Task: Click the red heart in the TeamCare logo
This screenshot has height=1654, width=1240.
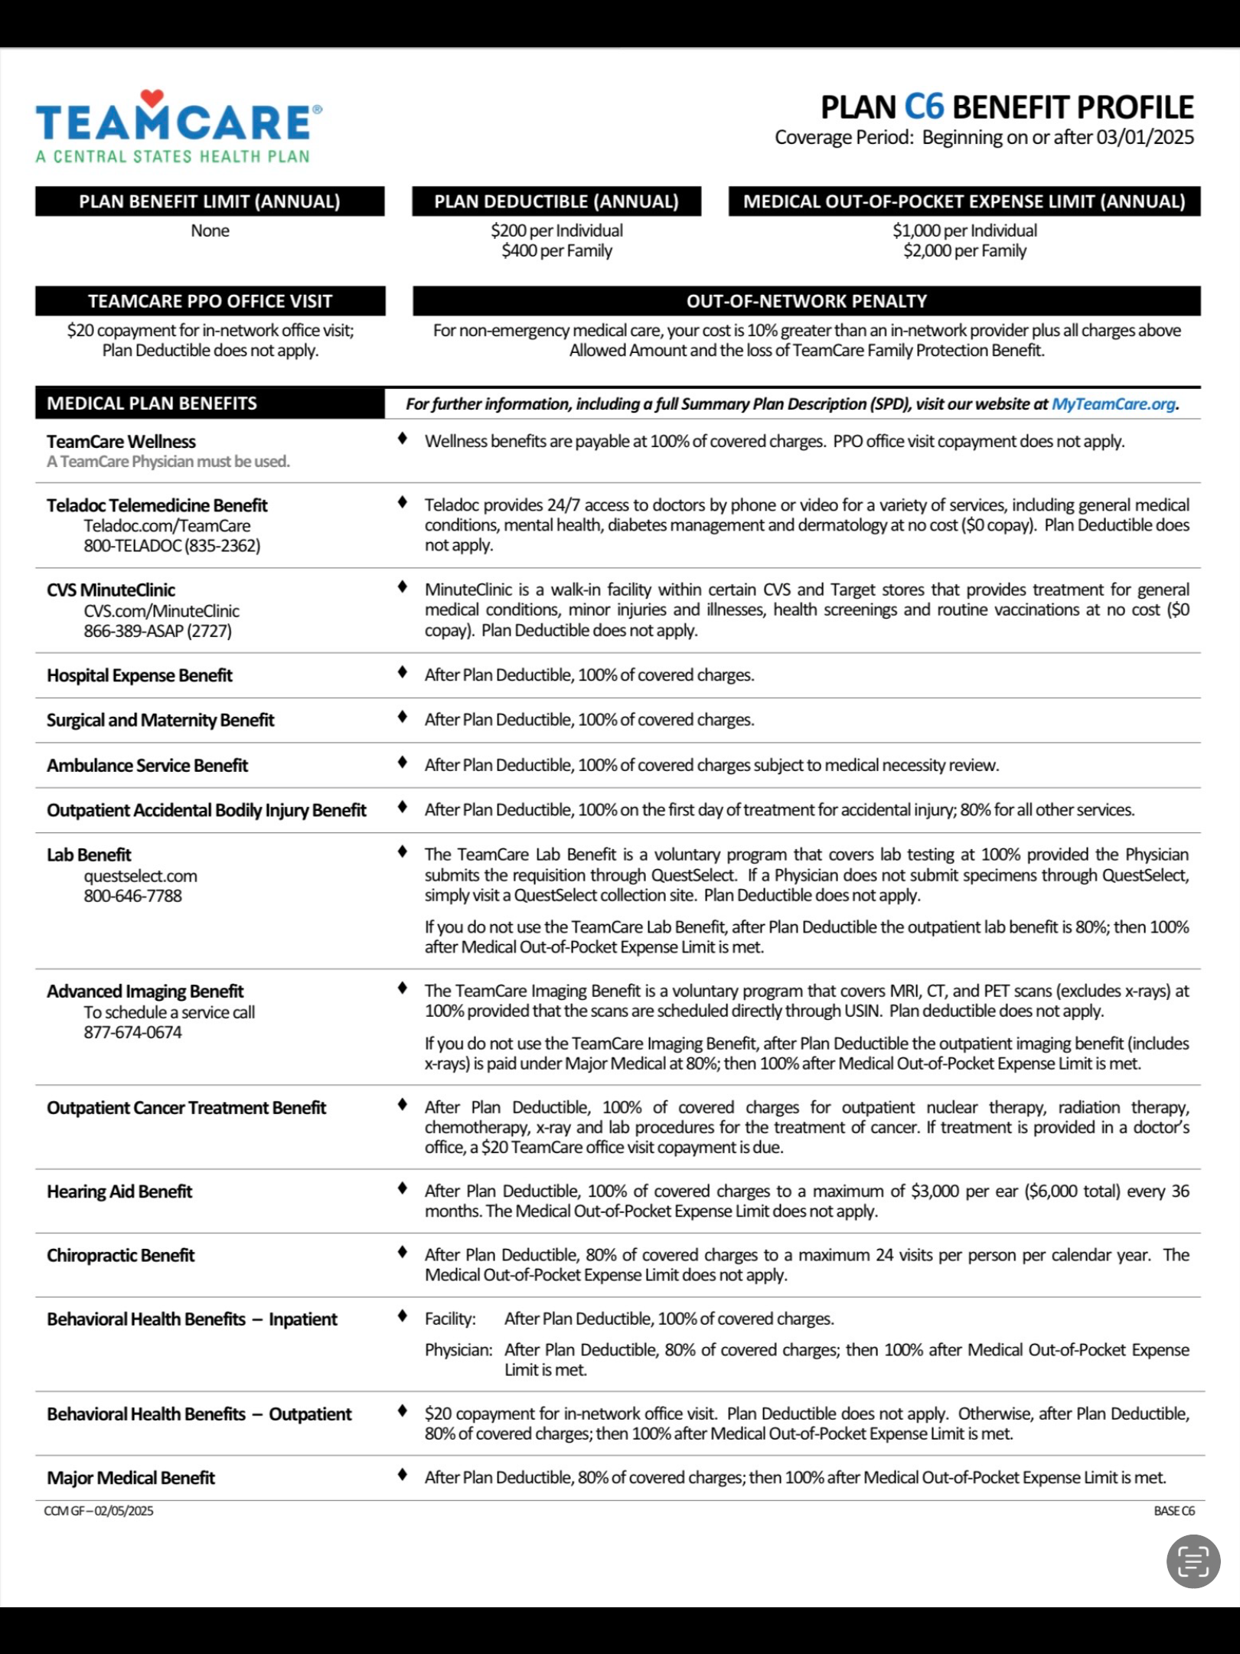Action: [152, 98]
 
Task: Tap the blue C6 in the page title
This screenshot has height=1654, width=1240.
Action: [924, 107]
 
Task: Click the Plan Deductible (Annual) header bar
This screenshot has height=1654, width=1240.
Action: [556, 201]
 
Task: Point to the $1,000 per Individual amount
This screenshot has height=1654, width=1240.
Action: [964, 230]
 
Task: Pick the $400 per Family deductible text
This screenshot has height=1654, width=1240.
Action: [556, 251]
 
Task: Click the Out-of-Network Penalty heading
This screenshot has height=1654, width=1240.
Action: [806, 301]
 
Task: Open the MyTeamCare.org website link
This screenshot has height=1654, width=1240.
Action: [1113, 404]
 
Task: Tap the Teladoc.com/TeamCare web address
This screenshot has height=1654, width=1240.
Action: [167, 526]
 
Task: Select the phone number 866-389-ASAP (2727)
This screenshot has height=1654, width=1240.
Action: [158, 631]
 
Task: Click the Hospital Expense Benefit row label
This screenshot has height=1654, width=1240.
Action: [139, 675]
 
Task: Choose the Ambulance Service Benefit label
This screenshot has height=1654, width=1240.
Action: [147, 766]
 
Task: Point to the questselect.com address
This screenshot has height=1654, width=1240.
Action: [140, 876]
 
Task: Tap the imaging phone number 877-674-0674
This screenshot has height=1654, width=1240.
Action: [132, 1032]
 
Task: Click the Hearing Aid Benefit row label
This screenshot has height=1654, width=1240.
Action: [119, 1191]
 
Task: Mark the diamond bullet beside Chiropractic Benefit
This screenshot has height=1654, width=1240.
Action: [403, 1253]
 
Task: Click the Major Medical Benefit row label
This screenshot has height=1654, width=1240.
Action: [131, 1478]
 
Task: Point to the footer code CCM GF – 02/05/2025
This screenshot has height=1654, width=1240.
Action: [99, 1511]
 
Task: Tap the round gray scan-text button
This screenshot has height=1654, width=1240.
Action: [1193, 1561]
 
